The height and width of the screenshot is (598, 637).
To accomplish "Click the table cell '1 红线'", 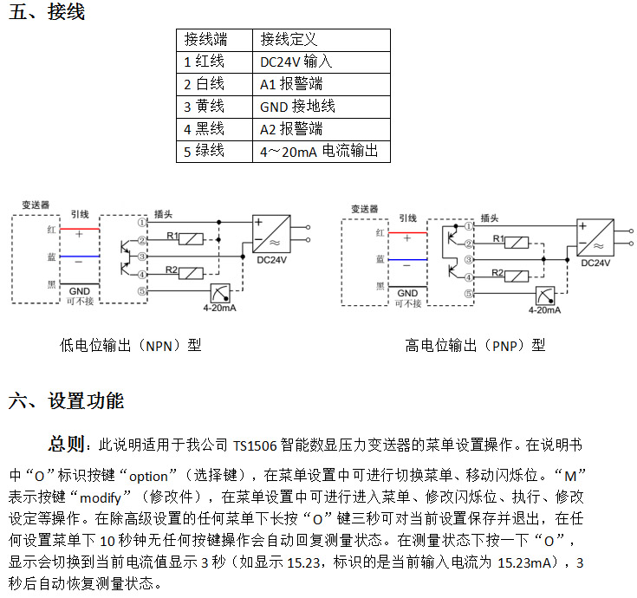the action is point(214,62).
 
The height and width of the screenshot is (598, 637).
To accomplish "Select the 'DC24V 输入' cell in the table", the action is point(322,62).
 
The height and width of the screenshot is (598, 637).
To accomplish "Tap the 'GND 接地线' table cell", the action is point(322,107).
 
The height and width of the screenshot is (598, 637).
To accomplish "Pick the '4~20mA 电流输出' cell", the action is point(322,152).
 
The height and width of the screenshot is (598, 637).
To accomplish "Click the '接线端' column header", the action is point(214,40).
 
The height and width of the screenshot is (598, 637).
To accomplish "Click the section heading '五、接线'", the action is point(47,11).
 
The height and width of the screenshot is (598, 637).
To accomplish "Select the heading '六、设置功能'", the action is point(66,401).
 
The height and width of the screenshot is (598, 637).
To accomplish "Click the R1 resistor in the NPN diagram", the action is point(191,239).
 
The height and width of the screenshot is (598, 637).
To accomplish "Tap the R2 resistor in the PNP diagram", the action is point(517,276).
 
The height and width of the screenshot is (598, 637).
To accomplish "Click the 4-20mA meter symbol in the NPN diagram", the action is point(220,293).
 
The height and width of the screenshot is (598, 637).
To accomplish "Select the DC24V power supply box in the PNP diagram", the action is point(595,238).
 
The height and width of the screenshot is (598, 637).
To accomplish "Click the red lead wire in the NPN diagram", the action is point(80,229).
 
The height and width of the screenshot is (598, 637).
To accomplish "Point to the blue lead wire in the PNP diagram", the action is point(407,259).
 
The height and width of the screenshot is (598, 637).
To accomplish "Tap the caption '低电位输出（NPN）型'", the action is point(130,346).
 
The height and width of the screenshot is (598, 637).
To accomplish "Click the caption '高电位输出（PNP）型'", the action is point(475,346).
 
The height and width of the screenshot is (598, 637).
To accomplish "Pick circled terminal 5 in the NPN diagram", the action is point(142,291).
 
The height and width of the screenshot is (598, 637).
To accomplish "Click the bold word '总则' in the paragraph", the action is point(67,444).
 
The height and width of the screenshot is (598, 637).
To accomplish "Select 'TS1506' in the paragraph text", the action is point(255,446).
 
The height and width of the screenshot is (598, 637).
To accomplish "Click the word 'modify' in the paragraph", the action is point(101,498).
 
